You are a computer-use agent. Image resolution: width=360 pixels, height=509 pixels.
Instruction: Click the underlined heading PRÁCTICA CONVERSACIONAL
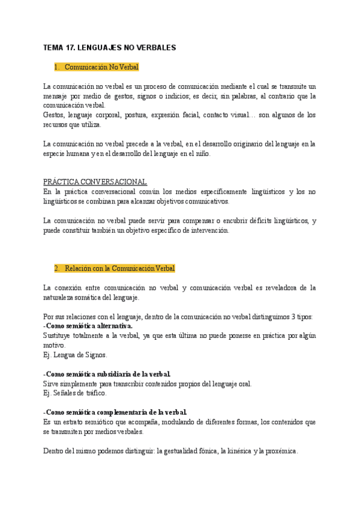click(x=95, y=182)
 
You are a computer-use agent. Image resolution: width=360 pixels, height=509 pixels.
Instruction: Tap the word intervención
click(x=210, y=230)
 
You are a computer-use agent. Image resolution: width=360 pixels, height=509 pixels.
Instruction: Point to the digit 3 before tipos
click(x=296, y=317)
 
